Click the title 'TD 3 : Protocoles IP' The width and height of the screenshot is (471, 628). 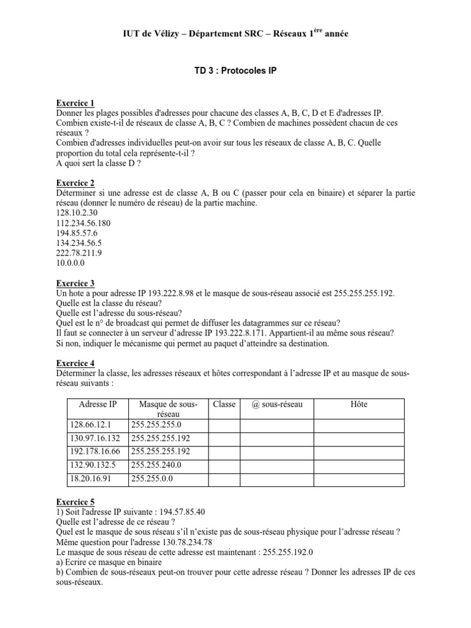[235, 71]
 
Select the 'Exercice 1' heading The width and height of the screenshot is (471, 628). [75, 103]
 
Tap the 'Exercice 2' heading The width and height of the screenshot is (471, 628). [75, 183]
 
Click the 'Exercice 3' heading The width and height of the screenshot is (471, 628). [75, 283]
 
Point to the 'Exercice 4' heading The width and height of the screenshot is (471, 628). [75, 363]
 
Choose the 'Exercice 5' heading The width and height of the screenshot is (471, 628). [75, 501]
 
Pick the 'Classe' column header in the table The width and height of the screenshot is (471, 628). [224, 405]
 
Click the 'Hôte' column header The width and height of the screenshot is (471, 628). [359, 405]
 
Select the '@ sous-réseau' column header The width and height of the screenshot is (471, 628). [276, 405]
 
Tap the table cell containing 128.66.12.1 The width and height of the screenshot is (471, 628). [90, 425]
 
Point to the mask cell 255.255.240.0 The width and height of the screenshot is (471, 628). [156, 465]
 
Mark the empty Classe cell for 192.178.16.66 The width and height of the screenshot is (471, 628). [224, 452]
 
